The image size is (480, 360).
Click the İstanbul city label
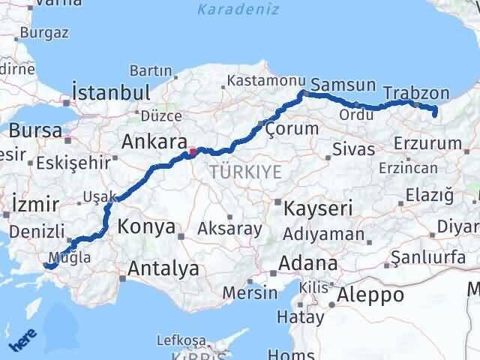[110, 93]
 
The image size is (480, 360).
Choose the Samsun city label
[342, 84]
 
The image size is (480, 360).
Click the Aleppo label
[371, 295]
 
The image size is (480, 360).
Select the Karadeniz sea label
[238, 10]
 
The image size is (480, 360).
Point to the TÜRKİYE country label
[245, 172]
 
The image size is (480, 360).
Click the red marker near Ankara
[193, 152]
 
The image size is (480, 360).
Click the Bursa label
[35, 130]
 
